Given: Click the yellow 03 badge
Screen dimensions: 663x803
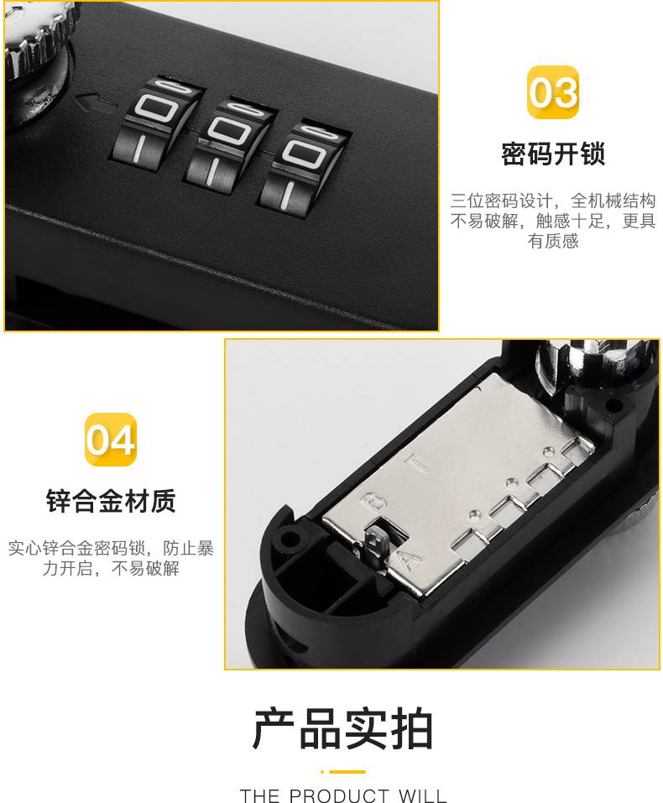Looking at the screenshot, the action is (x=553, y=92).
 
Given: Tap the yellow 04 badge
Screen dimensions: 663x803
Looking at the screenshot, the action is (x=111, y=440).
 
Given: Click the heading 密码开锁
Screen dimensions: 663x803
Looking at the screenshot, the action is (x=553, y=154).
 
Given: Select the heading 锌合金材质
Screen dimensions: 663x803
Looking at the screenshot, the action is (x=111, y=501).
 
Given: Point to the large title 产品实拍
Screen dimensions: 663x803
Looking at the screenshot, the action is (x=343, y=729).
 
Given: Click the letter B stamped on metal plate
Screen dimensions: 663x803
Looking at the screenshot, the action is (x=373, y=503).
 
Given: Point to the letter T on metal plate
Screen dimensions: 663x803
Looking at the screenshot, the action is (x=417, y=462).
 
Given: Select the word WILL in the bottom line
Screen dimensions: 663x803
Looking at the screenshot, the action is (x=423, y=795).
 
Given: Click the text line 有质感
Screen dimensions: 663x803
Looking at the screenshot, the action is (x=553, y=241).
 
